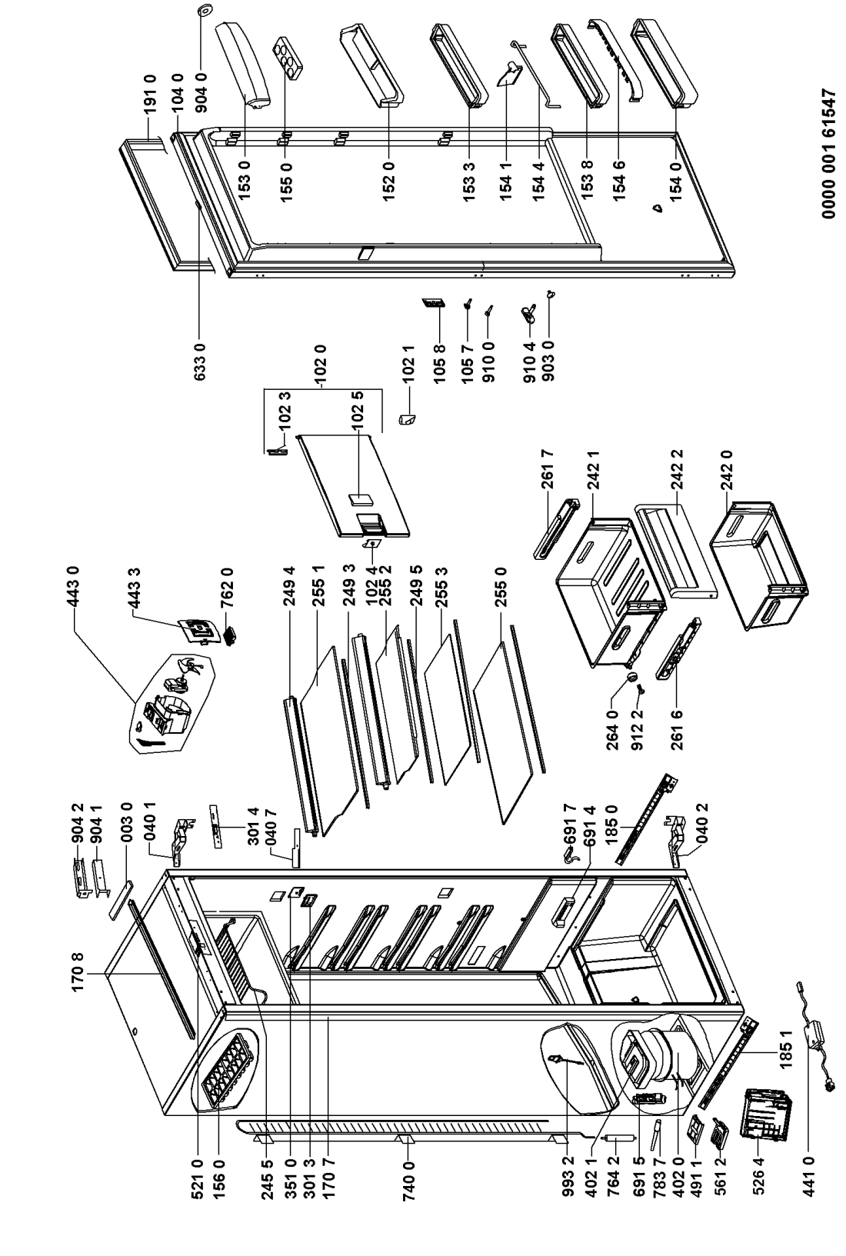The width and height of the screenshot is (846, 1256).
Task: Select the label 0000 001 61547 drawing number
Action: pos(831,153)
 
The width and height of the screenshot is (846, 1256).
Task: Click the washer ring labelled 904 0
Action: pos(202,11)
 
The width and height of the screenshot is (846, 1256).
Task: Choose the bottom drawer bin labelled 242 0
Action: pos(760,565)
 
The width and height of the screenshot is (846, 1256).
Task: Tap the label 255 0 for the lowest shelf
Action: pos(500,587)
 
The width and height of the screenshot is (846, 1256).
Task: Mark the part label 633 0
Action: pos(200,361)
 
